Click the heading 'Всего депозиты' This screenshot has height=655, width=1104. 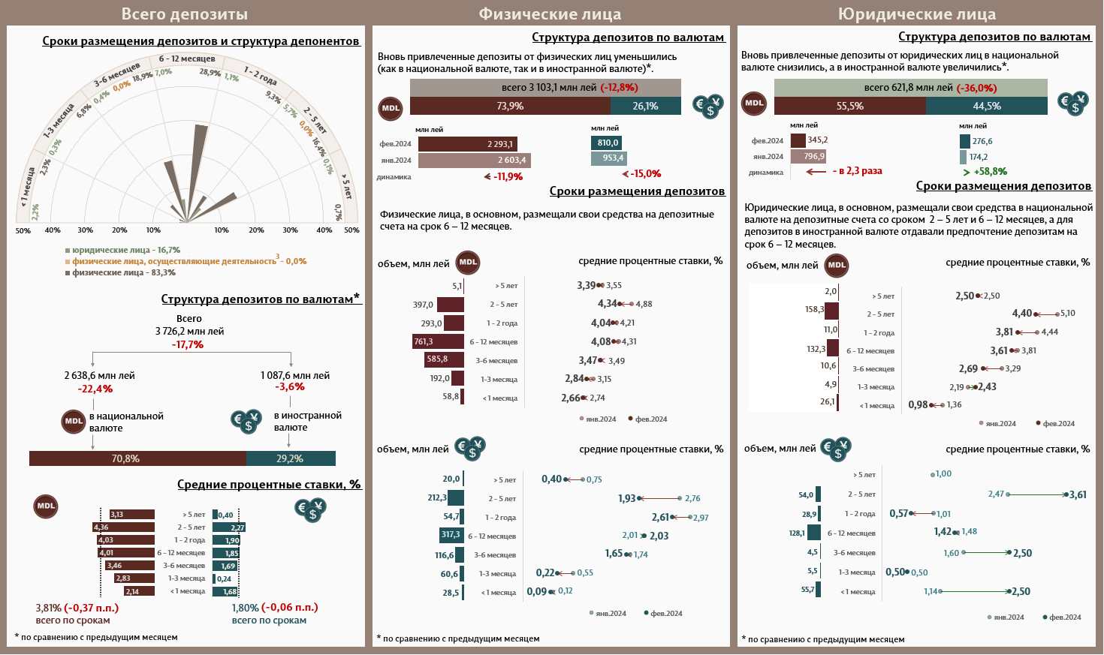click(x=184, y=14)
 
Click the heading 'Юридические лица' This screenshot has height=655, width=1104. click(x=916, y=14)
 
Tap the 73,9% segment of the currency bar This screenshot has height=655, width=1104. click(x=510, y=107)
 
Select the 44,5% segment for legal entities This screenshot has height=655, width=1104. click(x=987, y=107)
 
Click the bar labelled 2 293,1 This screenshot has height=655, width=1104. click(x=468, y=144)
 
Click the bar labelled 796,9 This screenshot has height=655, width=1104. click(x=808, y=157)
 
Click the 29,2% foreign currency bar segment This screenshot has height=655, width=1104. click(x=291, y=458)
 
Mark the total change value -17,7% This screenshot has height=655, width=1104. click(x=188, y=344)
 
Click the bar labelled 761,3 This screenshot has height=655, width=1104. click(x=439, y=342)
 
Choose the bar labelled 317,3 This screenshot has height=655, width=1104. click(x=451, y=535)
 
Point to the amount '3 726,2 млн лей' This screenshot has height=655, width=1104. click(x=189, y=331)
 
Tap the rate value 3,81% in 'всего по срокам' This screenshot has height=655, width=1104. click(x=49, y=608)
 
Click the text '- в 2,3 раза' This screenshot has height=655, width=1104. click(x=857, y=171)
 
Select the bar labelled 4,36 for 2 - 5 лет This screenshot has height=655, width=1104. click(x=124, y=527)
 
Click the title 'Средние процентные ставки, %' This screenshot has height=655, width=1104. click(x=269, y=485)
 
